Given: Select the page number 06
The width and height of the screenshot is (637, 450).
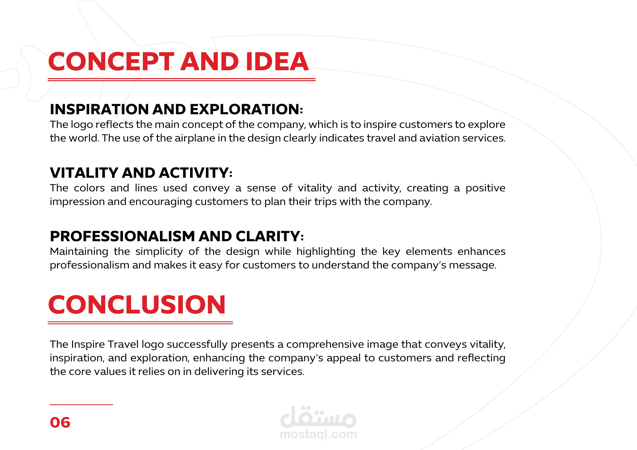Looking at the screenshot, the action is pos(60,423).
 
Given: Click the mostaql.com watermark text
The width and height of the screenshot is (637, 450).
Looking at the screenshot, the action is pos(318,434).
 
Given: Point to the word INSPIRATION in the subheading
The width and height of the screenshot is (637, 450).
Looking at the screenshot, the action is pos(100,109).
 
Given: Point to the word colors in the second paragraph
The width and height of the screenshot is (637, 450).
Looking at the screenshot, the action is pos(89,188).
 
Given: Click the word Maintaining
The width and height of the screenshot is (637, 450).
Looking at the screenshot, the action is pos(79,251).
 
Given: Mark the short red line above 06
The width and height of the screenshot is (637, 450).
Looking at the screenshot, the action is pos(81,404).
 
